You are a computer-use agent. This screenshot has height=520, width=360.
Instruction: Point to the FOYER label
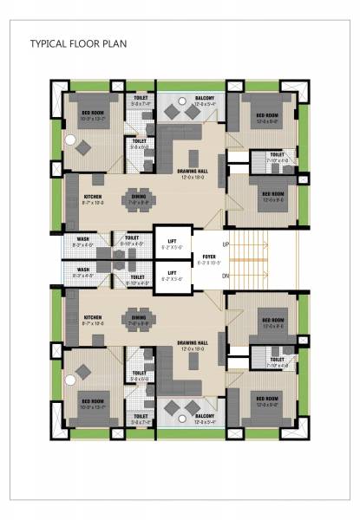click(209, 256)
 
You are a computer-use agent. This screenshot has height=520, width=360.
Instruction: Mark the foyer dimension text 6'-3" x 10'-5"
click(209, 262)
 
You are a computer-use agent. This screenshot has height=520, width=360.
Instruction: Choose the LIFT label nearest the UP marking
click(171, 242)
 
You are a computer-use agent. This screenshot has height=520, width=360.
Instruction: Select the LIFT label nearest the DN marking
click(171, 273)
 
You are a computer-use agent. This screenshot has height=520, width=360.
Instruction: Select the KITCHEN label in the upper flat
click(94, 197)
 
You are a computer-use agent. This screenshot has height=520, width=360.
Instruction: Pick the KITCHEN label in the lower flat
click(94, 317)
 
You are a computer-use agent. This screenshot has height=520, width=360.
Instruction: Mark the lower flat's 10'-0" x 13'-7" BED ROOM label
click(95, 402)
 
